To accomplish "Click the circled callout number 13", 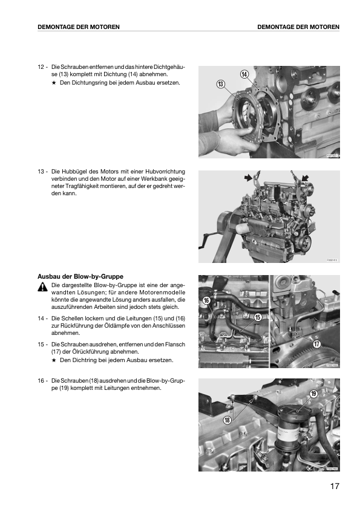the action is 221,85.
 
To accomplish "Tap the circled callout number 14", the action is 244,74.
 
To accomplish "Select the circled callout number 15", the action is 258,317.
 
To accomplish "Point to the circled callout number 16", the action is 207,300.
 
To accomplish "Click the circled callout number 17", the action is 317,344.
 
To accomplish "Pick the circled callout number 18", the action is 227,420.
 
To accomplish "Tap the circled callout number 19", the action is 313,394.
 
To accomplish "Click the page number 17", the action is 335,486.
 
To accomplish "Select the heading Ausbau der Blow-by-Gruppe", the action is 80,277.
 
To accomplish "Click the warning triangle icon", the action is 42,287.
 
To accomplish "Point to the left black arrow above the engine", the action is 249,177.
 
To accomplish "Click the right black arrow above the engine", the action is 305,178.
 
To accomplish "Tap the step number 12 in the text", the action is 41,67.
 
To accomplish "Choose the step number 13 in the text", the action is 41,172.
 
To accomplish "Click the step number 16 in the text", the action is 41,380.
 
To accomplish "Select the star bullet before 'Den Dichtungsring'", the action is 54,83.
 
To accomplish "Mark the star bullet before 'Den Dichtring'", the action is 54,360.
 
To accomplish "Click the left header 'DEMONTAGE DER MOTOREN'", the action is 79,27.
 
